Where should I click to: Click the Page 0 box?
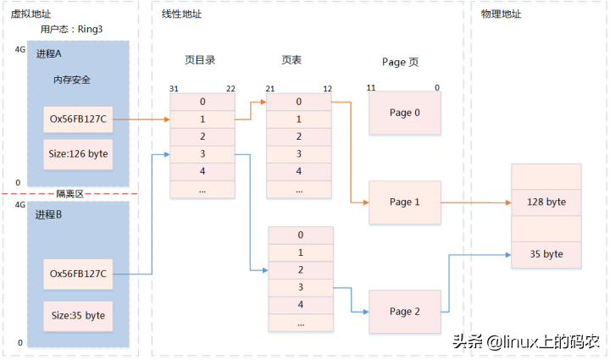tap(405, 114)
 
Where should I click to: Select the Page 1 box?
tap(405, 202)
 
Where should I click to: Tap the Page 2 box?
tap(405, 312)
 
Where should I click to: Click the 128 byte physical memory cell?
tap(546, 203)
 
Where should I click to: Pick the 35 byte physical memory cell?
tap(546, 253)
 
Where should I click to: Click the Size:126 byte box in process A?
tap(78, 154)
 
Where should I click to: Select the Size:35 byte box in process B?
tap(78, 315)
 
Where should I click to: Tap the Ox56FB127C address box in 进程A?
tap(78, 119)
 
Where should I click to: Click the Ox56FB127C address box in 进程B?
tap(78, 274)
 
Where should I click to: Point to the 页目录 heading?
tap(200, 61)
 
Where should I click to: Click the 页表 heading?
tap(292, 61)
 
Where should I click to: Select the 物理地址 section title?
tap(501, 14)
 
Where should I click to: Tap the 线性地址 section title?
tap(181, 14)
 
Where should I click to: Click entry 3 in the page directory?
tap(202, 154)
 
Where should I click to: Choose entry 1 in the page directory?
tap(202, 119)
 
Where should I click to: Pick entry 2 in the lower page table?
tap(301, 269)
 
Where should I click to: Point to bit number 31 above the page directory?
tap(174, 88)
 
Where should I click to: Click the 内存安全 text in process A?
tap(72, 80)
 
